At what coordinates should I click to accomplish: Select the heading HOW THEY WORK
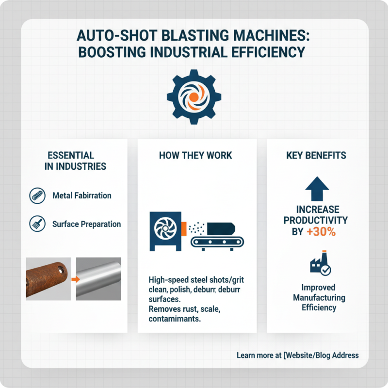pos(195,156)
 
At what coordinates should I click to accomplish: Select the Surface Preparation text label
pos(86,225)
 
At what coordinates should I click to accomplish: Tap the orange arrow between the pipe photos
pos(74,280)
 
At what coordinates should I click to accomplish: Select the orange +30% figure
pos(321,232)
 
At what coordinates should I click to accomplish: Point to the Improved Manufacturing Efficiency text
pos(319,297)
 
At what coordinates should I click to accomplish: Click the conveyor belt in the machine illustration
pos(212,241)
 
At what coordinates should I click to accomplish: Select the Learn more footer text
pos(297,356)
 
